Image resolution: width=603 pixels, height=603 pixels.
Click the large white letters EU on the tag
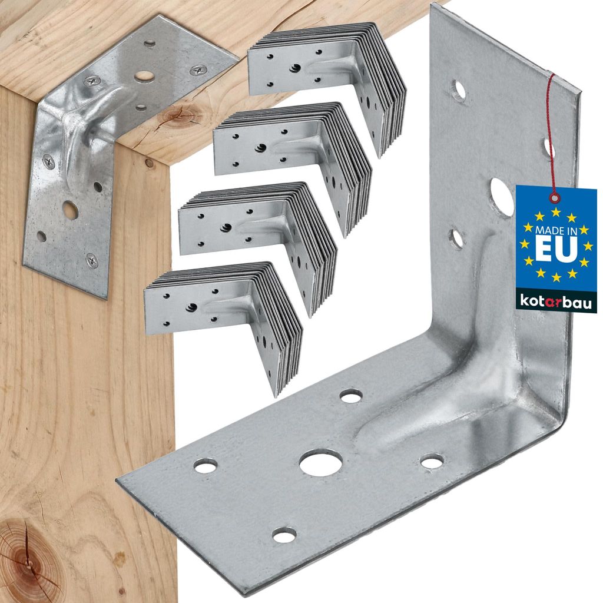[x=556, y=249]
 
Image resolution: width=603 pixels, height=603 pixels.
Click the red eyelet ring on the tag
[x=554, y=197]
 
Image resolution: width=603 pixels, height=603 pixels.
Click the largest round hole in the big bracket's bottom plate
[x=321, y=462]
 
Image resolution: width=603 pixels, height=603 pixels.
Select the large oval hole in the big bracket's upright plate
[x=501, y=197]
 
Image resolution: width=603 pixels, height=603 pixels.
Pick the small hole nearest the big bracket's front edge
[x=284, y=535]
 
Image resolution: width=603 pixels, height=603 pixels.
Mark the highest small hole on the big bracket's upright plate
[x=459, y=90]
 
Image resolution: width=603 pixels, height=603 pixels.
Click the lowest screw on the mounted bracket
[x=92, y=259]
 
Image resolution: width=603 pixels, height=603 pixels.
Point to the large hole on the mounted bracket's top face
[x=144, y=77]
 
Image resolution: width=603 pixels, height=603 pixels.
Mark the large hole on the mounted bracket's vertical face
[x=70, y=210]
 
